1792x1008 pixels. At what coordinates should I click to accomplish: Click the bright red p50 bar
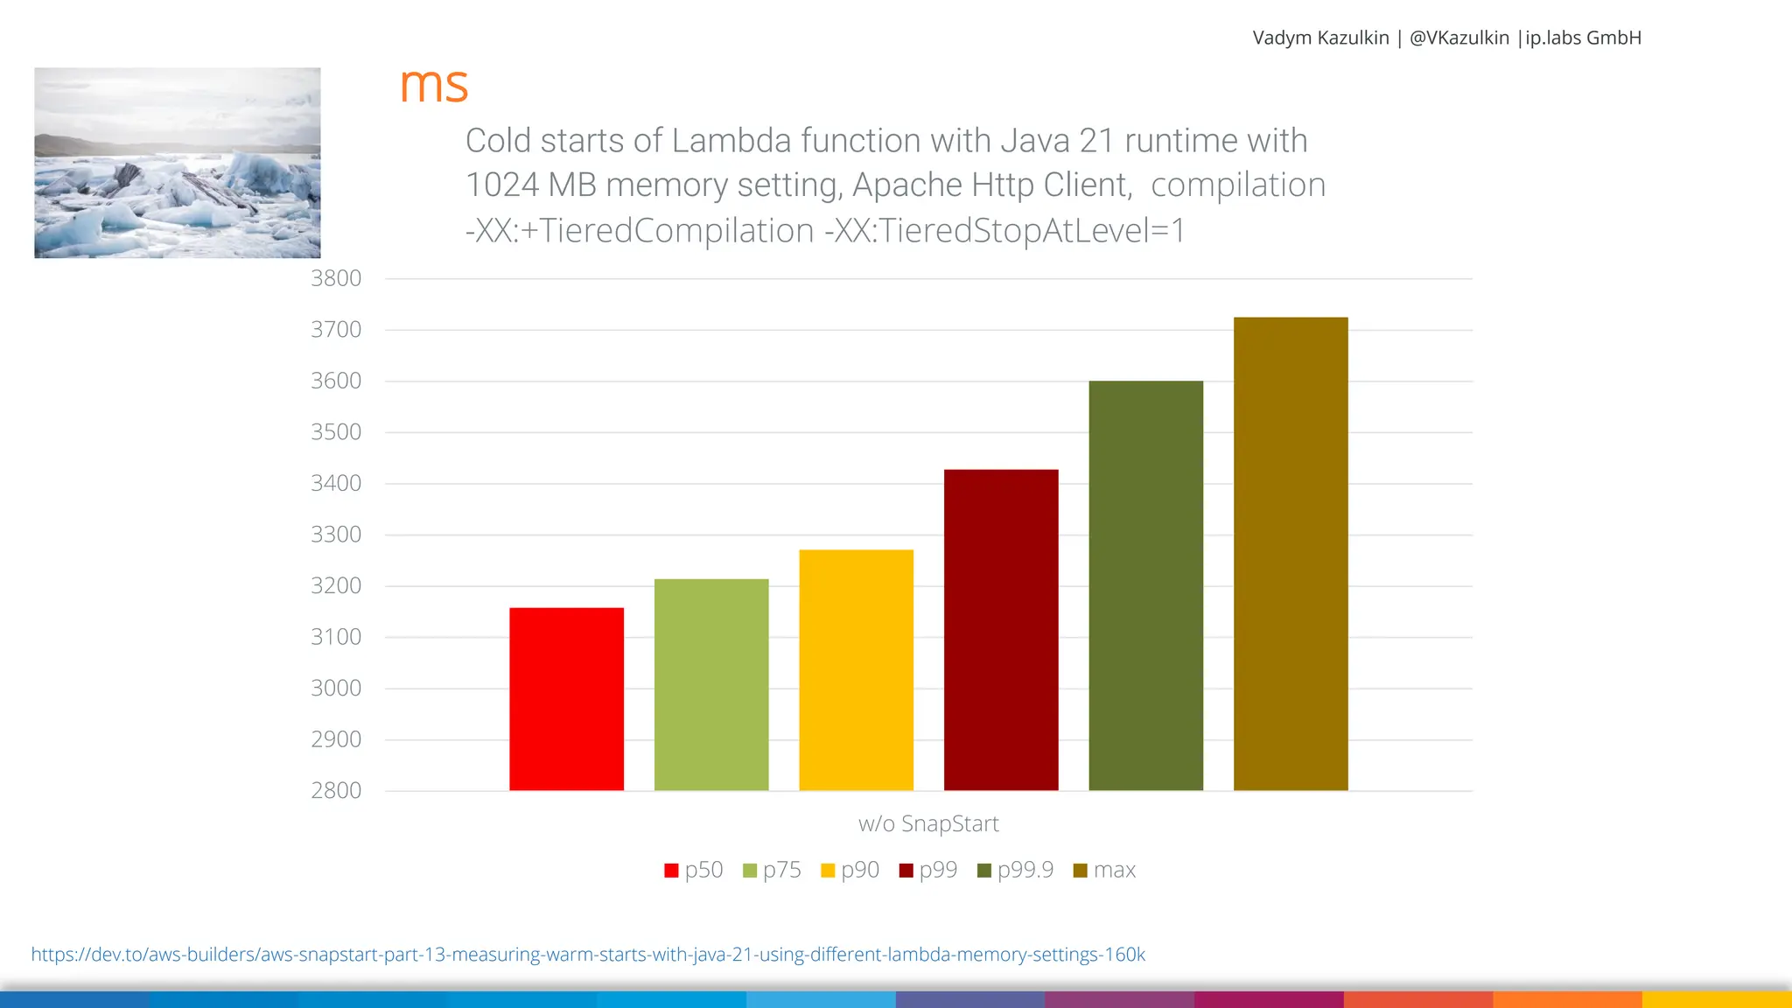pos(566,699)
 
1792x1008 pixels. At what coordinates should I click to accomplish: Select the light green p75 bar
pos(711,684)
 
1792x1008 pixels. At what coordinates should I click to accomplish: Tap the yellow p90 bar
pos(856,670)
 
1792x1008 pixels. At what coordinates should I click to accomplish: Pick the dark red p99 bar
pos(1001,630)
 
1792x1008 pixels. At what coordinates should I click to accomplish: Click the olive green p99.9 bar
pos(1145,585)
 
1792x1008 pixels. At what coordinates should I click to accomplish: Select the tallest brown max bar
pos(1291,554)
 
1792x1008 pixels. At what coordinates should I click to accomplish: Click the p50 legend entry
pos(694,870)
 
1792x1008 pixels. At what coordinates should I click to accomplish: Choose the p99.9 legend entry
pos(1015,870)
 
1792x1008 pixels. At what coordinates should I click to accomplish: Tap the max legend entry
pos(1104,870)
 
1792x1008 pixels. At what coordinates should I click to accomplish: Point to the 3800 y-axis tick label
pos(336,278)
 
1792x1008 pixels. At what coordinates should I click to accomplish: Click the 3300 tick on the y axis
pos(336,535)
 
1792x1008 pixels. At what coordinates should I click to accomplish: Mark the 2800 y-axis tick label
pos(336,791)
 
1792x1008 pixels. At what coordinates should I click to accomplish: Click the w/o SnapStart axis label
pos(928,823)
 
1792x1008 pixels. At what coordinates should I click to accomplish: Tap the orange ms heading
pos(434,86)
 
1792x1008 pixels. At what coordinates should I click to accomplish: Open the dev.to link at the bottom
pos(588,955)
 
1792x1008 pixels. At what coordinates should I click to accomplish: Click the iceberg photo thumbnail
pos(178,163)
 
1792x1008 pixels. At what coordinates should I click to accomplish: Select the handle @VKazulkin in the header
pos(1459,38)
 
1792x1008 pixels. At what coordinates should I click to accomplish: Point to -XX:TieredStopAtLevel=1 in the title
pos(1004,231)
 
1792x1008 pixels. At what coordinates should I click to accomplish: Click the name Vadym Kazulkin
pos(1320,38)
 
